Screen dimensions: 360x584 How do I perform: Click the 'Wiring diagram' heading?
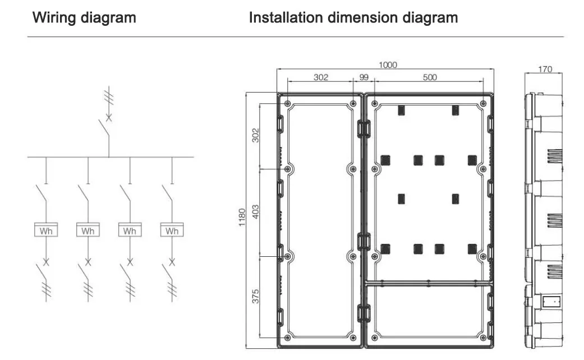click(84, 17)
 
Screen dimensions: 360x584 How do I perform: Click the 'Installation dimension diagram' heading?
click(353, 17)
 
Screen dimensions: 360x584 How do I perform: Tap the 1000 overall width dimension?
click(387, 65)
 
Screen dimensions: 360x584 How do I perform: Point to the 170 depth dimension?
click(544, 70)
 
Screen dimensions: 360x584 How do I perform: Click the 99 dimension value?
click(364, 77)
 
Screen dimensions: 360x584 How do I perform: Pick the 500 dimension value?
click(429, 77)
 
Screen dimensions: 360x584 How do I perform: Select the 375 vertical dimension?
click(256, 296)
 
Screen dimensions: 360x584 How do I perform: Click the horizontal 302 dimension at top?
click(320, 77)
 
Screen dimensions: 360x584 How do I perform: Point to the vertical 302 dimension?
click(256, 136)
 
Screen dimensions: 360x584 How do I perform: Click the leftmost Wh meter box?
click(46, 230)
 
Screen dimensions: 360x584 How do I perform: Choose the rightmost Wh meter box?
click(172, 230)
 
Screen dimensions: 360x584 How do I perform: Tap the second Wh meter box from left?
click(88, 230)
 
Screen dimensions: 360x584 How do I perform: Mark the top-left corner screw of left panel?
click(288, 104)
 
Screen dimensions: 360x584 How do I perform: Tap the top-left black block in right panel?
click(402, 110)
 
